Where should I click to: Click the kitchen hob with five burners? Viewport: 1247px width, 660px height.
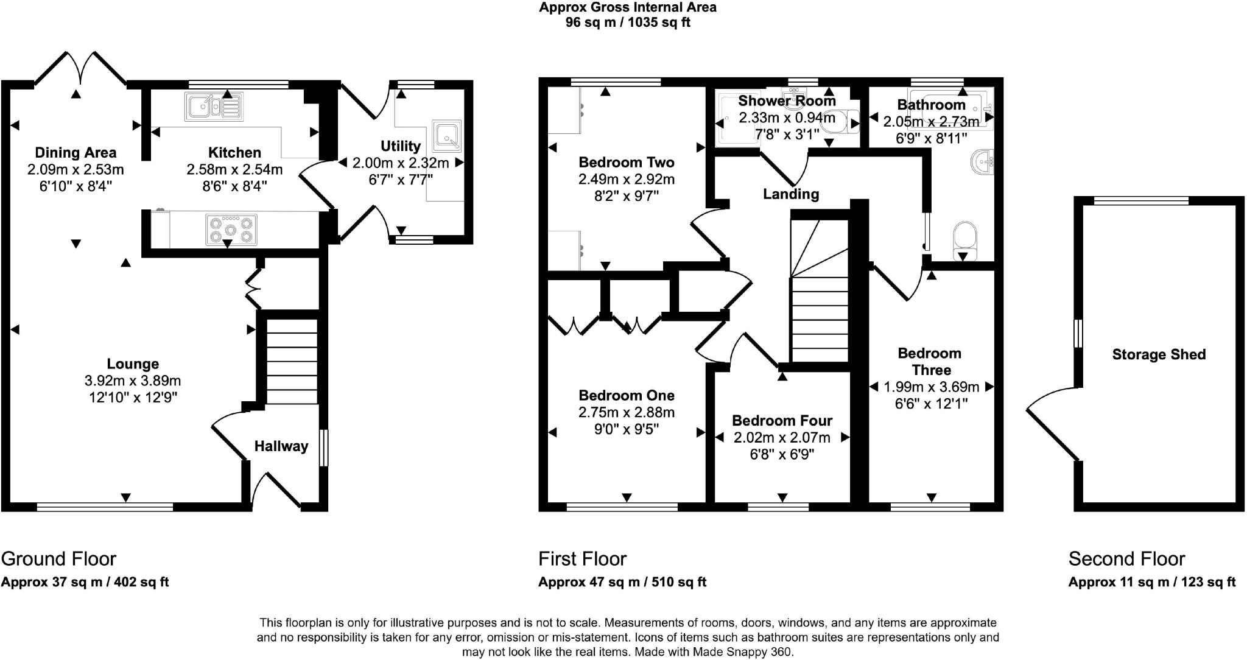pos(231,230)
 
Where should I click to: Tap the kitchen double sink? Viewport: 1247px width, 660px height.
pos(214,107)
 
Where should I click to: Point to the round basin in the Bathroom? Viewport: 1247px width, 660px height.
pos(981,162)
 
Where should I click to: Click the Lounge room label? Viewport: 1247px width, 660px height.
pos(133,364)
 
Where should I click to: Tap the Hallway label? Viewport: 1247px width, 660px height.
pos(281,446)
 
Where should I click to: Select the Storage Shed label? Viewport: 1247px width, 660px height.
pos(1159,354)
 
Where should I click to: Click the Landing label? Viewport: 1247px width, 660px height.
pos(791,194)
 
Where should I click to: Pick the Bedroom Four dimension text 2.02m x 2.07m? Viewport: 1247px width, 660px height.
pos(782,437)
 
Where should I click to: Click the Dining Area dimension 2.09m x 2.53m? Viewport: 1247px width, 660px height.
pos(76,169)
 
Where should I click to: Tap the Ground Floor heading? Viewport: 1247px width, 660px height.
pos(58,558)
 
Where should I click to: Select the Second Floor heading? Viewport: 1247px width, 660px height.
pos(1126,558)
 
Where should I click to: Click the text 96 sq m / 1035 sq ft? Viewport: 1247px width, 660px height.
pos(628,23)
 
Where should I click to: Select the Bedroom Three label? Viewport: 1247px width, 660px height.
pos(930,362)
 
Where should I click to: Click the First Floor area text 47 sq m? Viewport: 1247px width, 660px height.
pos(622,582)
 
